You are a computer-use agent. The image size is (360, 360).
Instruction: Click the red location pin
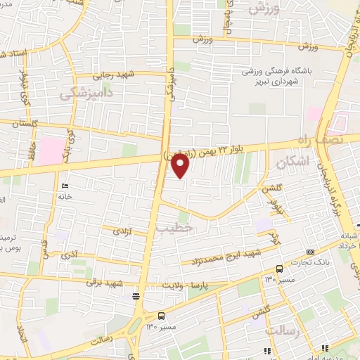181,166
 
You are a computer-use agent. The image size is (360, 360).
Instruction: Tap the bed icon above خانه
65,186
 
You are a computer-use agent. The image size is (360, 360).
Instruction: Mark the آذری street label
71,252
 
